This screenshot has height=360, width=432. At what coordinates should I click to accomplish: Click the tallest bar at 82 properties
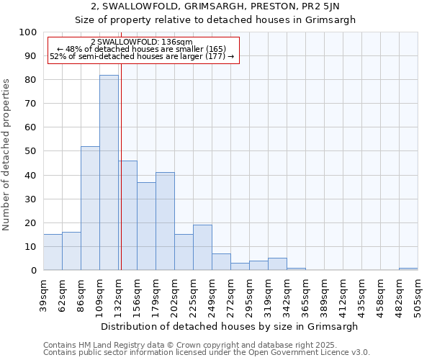(x=109, y=173)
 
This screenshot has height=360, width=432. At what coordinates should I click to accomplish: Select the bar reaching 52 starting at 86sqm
(x=90, y=208)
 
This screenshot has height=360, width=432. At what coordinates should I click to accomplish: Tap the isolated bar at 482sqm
(x=408, y=269)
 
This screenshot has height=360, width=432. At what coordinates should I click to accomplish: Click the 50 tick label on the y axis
(x=31, y=151)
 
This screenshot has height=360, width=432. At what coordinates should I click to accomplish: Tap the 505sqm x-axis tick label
(x=418, y=295)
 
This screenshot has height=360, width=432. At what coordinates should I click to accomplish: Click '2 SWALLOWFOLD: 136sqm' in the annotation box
(x=142, y=42)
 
